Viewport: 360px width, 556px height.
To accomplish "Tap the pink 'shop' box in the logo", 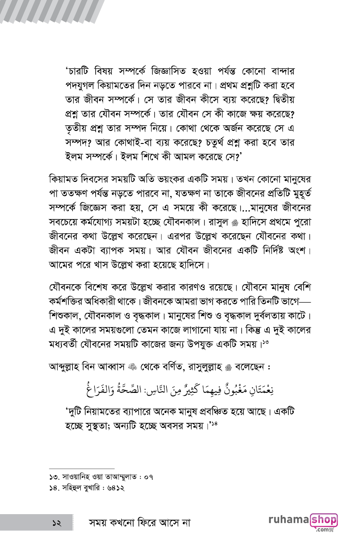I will (323, 519).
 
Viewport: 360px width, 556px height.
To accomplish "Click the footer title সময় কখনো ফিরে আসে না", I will (140, 522).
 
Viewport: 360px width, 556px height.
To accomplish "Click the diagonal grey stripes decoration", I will (52, 11).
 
